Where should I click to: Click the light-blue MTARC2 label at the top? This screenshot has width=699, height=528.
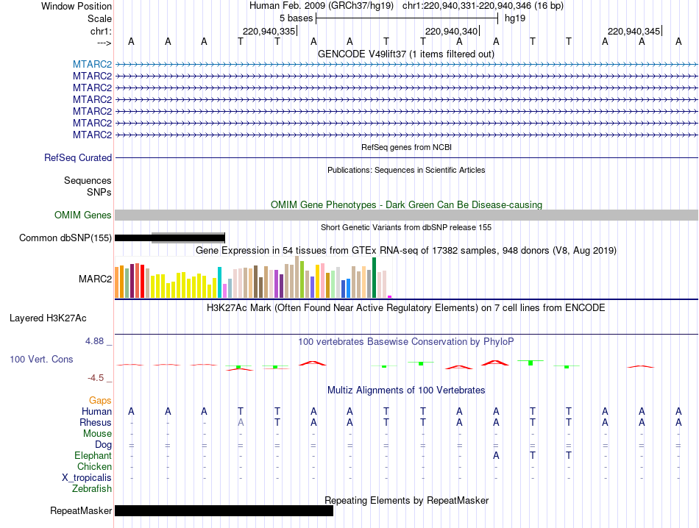(92, 64)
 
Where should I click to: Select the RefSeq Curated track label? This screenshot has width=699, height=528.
(78, 157)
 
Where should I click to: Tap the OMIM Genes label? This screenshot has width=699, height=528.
(83, 215)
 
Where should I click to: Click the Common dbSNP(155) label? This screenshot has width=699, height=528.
(65, 238)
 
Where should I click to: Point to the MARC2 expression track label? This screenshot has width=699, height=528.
(96, 279)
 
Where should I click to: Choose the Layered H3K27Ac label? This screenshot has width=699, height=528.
(48, 318)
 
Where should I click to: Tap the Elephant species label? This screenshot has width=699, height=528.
(93, 455)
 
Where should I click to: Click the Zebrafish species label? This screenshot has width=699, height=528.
(92, 489)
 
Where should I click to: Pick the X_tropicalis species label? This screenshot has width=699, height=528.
(87, 478)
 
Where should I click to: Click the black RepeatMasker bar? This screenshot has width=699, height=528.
(224, 510)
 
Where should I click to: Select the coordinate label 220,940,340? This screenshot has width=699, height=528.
(452, 31)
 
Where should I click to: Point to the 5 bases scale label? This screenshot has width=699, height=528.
(296, 18)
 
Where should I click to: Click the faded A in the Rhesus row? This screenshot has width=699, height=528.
(241, 422)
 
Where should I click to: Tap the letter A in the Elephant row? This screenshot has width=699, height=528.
(496, 455)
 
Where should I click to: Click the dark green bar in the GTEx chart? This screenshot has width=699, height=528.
(374, 277)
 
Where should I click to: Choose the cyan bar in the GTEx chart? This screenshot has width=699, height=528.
(219, 282)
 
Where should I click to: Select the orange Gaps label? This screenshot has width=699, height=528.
(100, 400)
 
